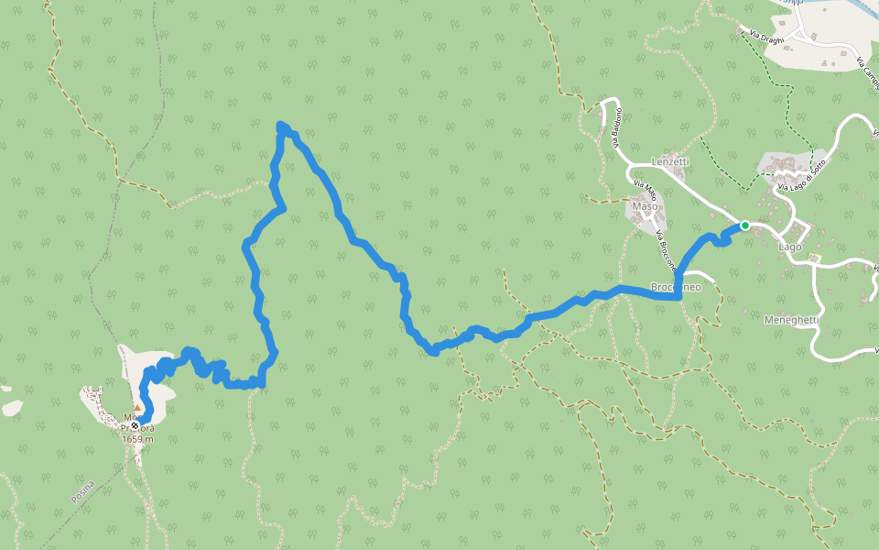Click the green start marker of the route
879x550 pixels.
(x=745, y=225)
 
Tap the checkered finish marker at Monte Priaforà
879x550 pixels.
(x=135, y=425)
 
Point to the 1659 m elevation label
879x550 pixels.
(x=137, y=439)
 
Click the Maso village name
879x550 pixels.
(x=646, y=206)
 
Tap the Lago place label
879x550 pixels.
(x=789, y=247)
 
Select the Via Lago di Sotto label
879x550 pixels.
(x=802, y=176)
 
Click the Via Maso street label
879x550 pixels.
(x=645, y=192)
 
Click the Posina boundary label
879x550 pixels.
(x=82, y=491)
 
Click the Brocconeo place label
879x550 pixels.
(x=676, y=287)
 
